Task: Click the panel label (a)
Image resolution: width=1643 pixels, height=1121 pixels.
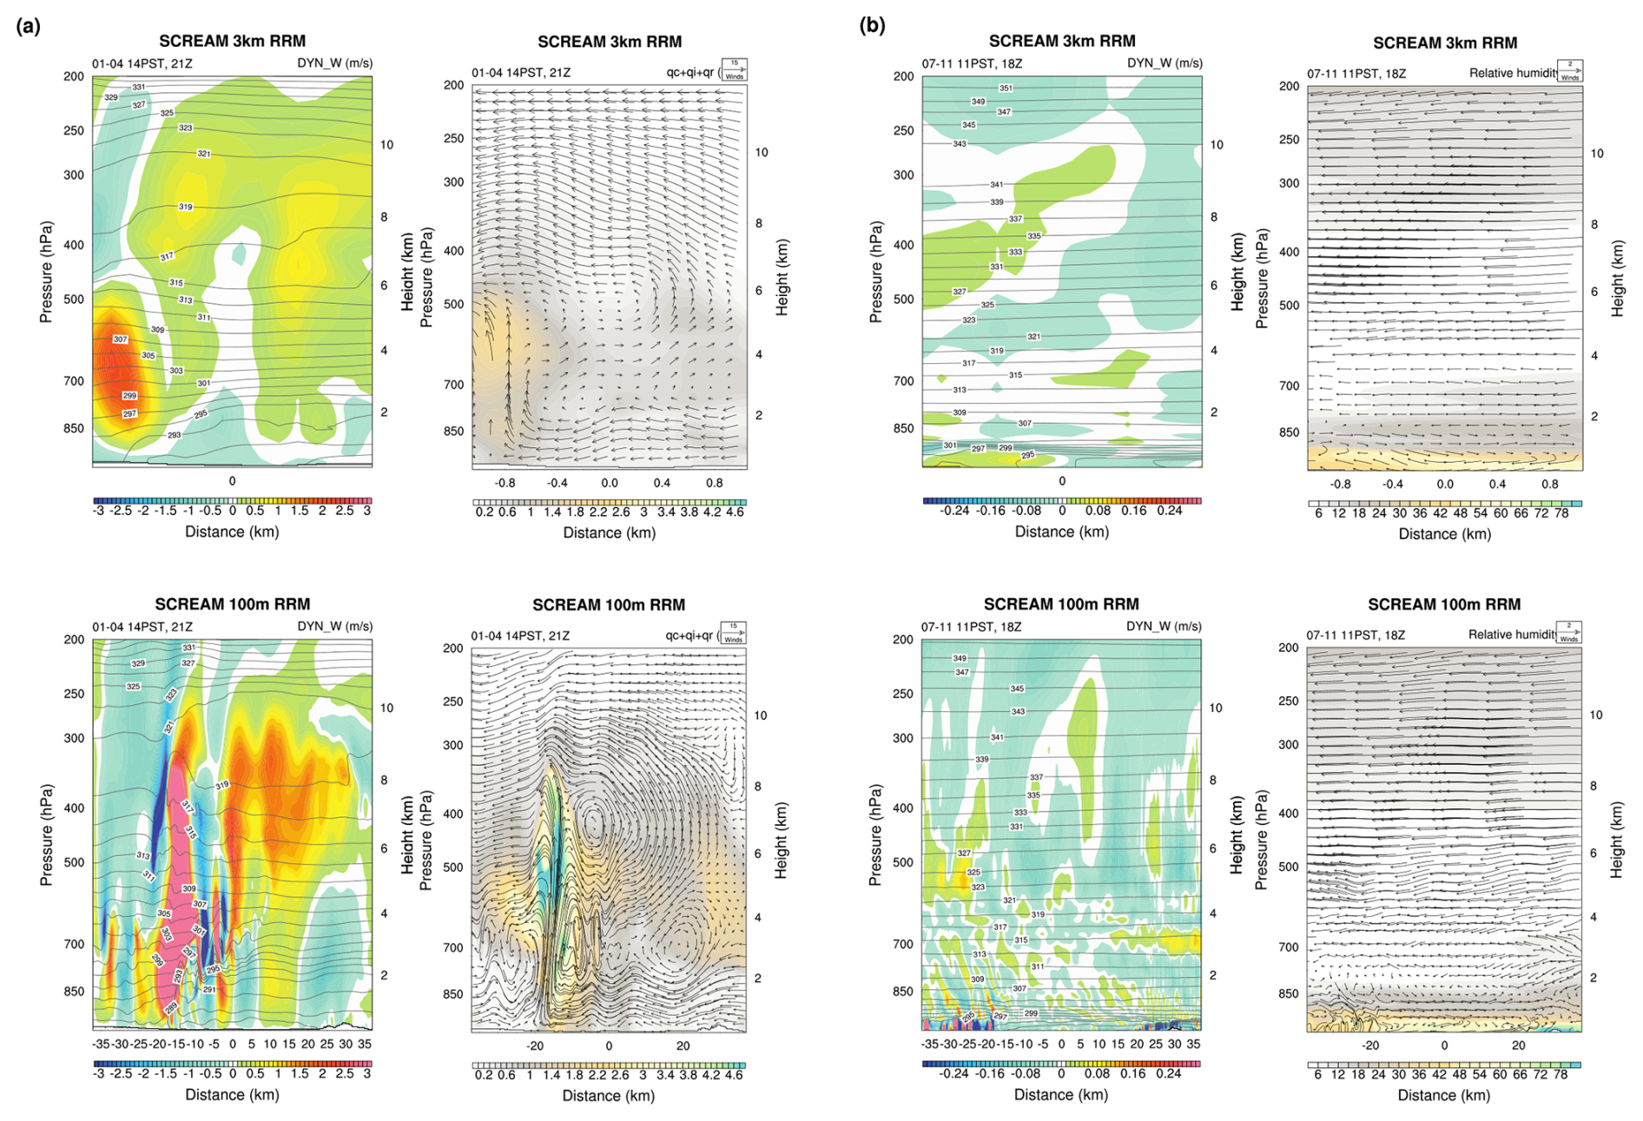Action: coord(28,26)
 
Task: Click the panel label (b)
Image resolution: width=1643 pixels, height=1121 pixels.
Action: coord(872,25)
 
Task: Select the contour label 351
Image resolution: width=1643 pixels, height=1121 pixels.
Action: coord(1006,88)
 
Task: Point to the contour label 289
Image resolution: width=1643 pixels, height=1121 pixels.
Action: coord(171,1007)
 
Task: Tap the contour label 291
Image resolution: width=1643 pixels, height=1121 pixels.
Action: coord(208,989)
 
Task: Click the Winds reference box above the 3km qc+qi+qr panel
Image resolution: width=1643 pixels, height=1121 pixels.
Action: coord(734,69)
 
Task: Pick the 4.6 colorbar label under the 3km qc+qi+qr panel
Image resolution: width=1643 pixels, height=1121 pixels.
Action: coord(734,512)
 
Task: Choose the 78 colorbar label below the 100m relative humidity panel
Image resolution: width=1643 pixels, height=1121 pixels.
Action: coord(1561,1074)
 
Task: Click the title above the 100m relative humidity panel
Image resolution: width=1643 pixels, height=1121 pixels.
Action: coord(1443,604)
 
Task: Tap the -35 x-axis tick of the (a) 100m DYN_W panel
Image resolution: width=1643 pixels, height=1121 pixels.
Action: coord(101,1044)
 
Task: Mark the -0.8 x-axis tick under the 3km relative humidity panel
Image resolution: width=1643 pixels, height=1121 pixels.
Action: coord(1341,484)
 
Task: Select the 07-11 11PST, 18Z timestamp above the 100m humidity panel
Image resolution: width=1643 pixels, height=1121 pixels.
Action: coord(1356,635)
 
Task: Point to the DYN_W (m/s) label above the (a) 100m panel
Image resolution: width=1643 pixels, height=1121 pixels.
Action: coord(334,626)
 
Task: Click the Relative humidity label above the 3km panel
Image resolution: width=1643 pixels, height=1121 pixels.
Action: coord(1511,73)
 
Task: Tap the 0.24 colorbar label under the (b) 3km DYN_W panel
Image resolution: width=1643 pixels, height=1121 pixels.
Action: coord(1169,511)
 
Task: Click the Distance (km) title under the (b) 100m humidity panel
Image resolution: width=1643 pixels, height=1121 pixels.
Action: coord(1443,1095)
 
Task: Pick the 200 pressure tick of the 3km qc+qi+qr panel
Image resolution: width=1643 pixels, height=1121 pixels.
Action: coord(453,85)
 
